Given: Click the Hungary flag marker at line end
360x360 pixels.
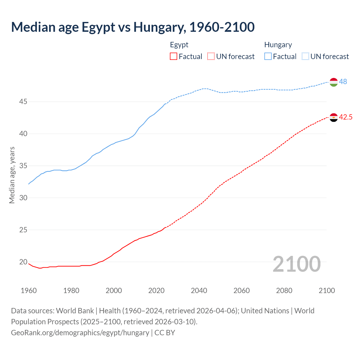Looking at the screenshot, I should point(333,82).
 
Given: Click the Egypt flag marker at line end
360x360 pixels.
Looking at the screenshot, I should point(333,118).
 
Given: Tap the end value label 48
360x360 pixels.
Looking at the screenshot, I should point(343,82).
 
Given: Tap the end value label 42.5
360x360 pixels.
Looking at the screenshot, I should point(345,117).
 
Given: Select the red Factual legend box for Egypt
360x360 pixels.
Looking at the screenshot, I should point(174,57).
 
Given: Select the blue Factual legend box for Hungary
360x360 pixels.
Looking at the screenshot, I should point(268,57).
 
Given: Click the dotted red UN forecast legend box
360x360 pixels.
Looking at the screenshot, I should point(211,57).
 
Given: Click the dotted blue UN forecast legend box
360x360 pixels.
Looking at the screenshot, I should point(305,57).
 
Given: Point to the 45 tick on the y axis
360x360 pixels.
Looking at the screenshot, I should point(23,102).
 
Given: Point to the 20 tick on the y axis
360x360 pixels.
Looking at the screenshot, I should point(23,262).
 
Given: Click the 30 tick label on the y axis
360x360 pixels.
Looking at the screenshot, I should point(23,198).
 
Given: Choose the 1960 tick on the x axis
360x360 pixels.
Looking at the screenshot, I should point(29,291).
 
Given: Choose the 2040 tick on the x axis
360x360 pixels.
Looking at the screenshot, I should point(199,291).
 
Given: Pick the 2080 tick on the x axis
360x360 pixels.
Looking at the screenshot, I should point(284,291).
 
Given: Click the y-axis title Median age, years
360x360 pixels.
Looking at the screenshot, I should point(12,175).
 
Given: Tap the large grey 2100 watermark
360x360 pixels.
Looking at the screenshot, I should point(296,264).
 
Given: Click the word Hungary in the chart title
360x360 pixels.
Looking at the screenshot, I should point(159,27).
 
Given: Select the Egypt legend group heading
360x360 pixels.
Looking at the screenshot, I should point(179,45).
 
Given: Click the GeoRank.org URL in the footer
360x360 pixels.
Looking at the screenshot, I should point(80,333).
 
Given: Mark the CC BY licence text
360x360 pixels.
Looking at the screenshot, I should point(165,333).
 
